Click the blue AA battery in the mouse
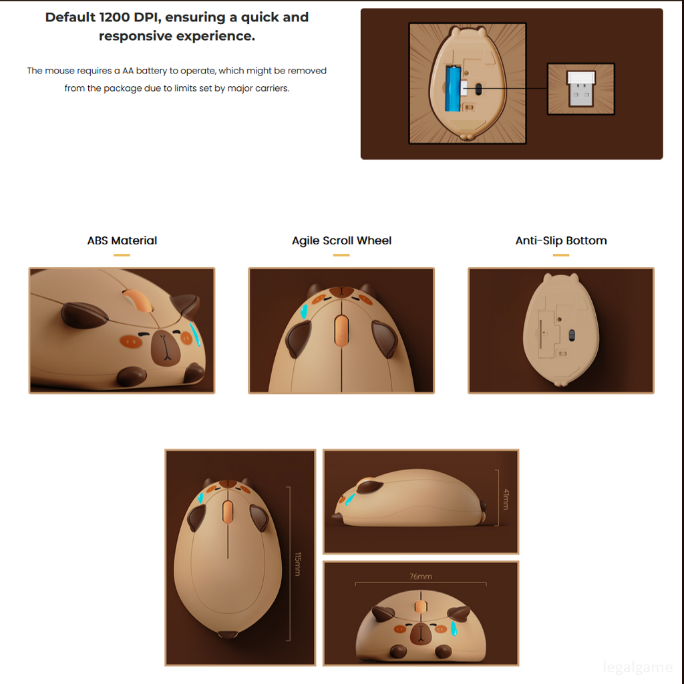pyautogui.click(x=452, y=88)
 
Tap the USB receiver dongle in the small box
pyautogui.click(x=580, y=89)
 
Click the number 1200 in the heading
pyautogui.click(x=115, y=17)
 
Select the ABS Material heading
pyautogui.click(x=122, y=240)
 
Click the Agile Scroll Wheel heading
pyautogui.click(x=341, y=240)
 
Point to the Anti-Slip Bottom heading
pyautogui.click(x=561, y=240)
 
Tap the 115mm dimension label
pyautogui.click(x=297, y=564)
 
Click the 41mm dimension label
pyautogui.click(x=506, y=499)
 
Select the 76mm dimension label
pyautogui.click(x=421, y=576)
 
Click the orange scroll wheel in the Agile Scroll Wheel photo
pyautogui.click(x=341, y=331)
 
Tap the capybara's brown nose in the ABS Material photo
pyautogui.click(x=166, y=347)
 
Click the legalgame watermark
pyautogui.click(x=637, y=667)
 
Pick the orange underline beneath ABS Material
pyautogui.click(x=122, y=255)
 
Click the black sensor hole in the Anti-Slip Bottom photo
pyautogui.click(x=572, y=335)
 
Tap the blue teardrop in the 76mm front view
pyautogui.click(x=454, y=628)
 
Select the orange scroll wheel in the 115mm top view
pyautogui.click(x=228, y=511)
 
